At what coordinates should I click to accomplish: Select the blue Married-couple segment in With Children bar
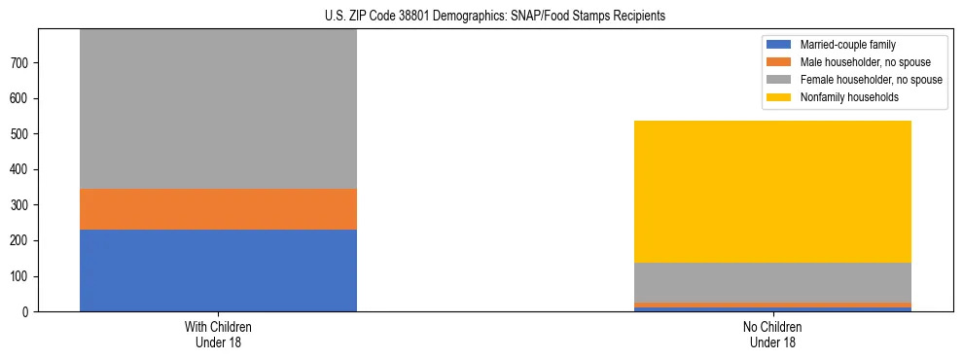[218, 270]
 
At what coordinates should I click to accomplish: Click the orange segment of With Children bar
[218, 209]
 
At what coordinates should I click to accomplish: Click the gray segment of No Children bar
[772, 283]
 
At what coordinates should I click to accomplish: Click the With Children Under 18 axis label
[218, 335]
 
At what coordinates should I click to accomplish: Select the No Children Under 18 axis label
[772, 335]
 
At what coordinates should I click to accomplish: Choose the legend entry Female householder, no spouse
[870, 80]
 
